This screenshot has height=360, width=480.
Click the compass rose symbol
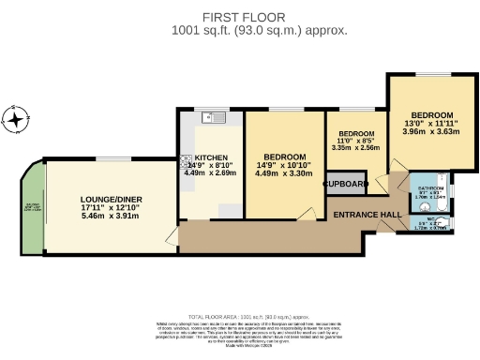tap(16, 120)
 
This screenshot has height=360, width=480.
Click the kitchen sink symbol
tap(215, 119)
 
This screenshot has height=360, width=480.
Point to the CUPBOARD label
tap(345, 184)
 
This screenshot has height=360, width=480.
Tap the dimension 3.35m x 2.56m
tap(355, 147)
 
